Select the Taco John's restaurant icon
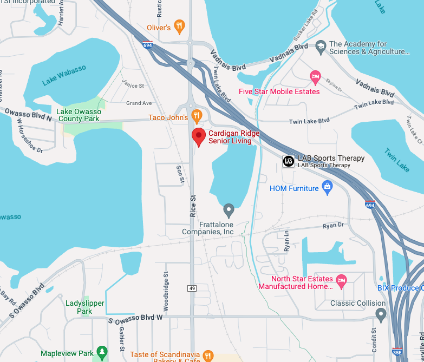coord(197,116)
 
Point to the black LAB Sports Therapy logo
coord(289,161)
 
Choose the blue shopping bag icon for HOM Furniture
coord(327,188)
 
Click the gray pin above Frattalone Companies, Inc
coord(229,209)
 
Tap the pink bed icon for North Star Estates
coord(341,280)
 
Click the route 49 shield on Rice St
coord(192,288)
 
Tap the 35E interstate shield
coord(397,352)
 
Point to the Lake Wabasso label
coord(64,75)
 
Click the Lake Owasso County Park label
coord(79,115)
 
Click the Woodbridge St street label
coord(167,294)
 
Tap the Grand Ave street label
coord(139,103)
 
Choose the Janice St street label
coord(133,85)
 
